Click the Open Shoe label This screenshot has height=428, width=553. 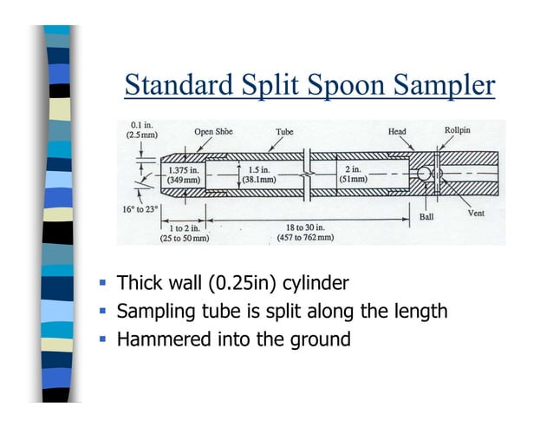pos(213,132)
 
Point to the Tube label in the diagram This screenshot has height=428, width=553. pos(284,132)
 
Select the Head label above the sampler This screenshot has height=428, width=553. pos(397,132)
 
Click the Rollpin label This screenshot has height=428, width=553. pos(459,130)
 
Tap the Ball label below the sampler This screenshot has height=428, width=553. pos(426,217)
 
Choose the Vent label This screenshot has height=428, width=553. pos(476,213)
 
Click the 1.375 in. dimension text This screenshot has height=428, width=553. pos(184,170)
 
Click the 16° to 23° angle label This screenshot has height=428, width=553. pos(139,210)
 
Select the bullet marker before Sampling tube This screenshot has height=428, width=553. pos(101,310)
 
